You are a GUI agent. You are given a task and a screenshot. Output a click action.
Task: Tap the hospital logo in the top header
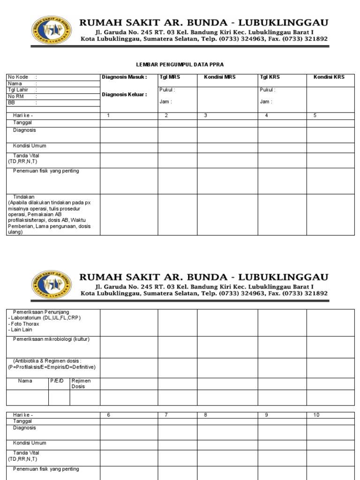(x=52, y=30)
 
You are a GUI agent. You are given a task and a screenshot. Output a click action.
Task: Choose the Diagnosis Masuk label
(x=124, y=77)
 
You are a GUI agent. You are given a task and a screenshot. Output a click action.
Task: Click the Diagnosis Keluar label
(x=124, y=94)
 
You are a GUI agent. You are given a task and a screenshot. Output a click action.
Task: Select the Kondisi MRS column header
(x=219, y=77)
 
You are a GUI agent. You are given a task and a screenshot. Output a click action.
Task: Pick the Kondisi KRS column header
(x=329, y=77)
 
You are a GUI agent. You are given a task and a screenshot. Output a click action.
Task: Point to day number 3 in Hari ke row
(x=205, y=115)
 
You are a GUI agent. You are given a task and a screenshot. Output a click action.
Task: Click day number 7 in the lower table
(x=166, y=415)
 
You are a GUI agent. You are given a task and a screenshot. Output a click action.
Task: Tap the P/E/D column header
(x=56, y=381)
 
